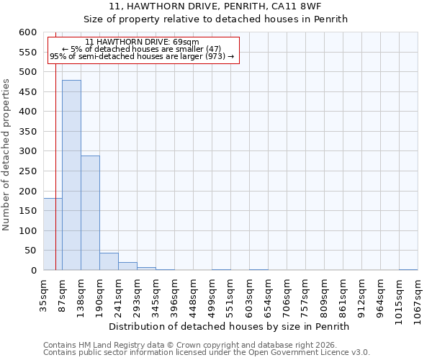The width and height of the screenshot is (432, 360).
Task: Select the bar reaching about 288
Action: [90, 213]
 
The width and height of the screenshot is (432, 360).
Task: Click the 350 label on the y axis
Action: [27, 132]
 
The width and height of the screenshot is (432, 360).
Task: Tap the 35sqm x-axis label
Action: [44, 295]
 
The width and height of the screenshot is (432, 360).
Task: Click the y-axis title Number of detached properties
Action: [6, 155]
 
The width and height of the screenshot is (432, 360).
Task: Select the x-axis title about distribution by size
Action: [230, 326]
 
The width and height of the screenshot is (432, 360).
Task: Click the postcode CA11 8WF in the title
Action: [307, 6]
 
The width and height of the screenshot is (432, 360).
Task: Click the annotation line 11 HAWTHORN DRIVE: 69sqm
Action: [142, 42]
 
